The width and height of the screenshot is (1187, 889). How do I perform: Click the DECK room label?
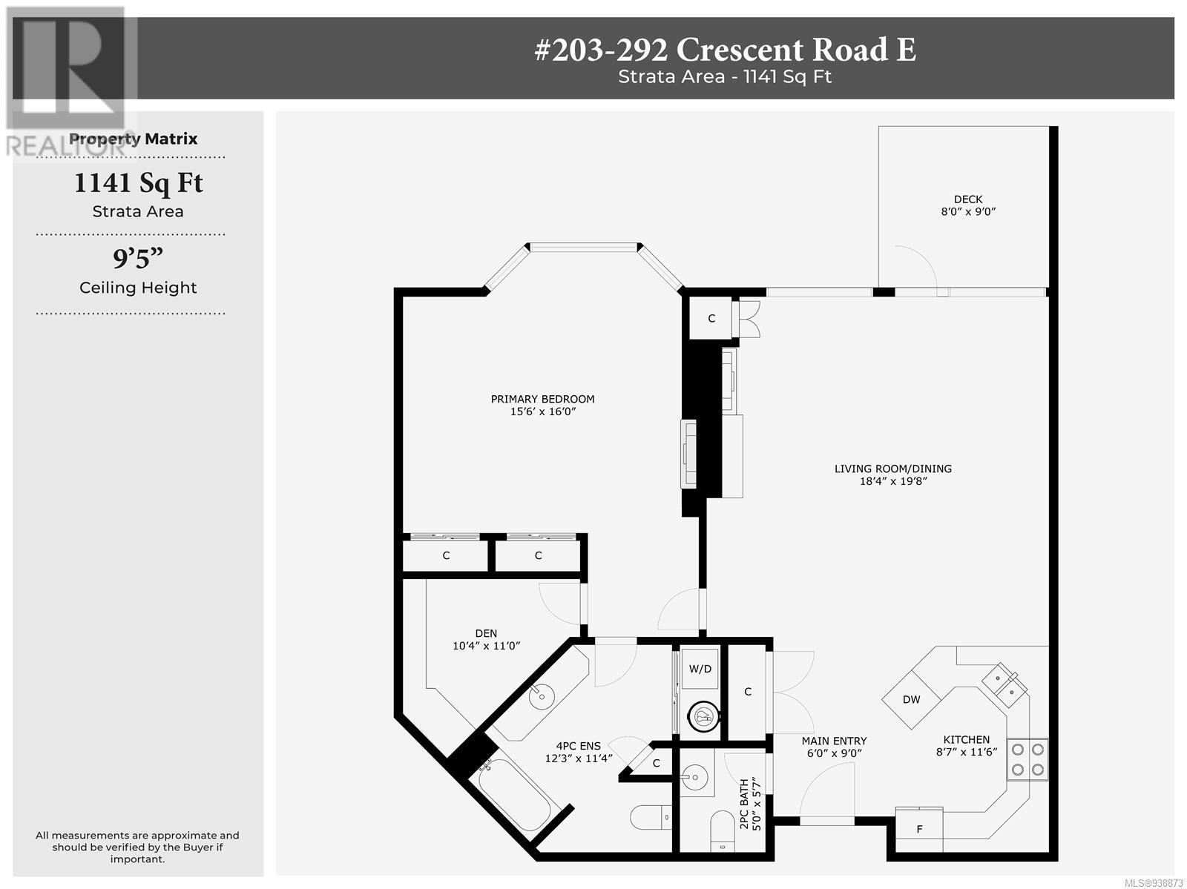[x=968, y=199]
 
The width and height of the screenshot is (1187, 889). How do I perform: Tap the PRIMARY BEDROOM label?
[x=542, y=399]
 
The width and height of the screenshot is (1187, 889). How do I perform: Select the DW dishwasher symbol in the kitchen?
[x=912, y=699]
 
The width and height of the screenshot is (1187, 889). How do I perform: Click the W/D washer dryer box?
[x=700, y=669]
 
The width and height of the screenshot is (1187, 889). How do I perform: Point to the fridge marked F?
[x=918, y=830]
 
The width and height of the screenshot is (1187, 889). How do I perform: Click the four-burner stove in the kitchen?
[x=1027, y=759]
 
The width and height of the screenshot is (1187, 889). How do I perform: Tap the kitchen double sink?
[x=1004, y=684]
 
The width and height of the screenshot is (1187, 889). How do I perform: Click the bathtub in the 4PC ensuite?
[x=514, y=804]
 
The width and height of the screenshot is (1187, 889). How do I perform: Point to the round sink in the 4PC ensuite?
[x=542, y=696]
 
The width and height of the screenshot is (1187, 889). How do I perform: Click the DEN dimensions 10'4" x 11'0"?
[x=486, y=645]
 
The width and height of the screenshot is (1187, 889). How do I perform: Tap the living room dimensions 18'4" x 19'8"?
[x=892, y=480]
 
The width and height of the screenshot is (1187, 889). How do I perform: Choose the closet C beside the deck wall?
[x=711, y=318]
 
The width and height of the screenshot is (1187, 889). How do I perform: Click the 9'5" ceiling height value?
[x=138, y=258]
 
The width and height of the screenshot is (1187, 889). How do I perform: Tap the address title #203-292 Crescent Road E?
[x=725, y=50]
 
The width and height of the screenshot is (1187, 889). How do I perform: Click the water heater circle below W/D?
[x=703, y=716]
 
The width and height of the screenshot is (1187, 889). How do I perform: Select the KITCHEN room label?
[x=967, y=739]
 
